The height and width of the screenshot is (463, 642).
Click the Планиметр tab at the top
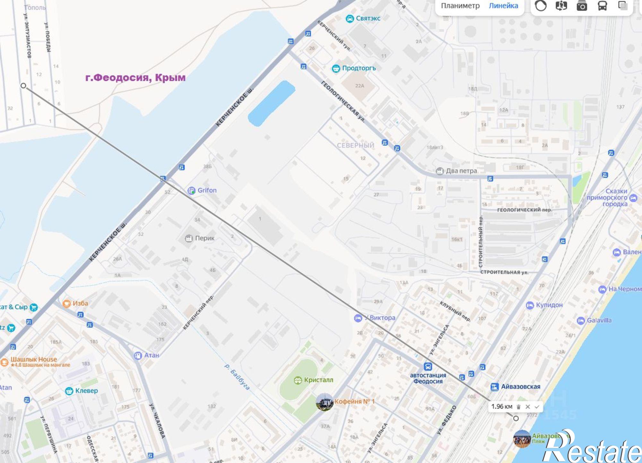460,6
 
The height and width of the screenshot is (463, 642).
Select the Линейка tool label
503,6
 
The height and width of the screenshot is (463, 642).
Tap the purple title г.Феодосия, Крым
135,78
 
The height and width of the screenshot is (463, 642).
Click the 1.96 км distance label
502,407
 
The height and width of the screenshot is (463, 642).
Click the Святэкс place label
368,18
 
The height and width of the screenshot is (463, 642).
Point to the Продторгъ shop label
359,68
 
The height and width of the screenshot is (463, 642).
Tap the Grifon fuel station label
207,190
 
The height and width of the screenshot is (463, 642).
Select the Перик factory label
204,238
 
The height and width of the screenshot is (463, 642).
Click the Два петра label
461,171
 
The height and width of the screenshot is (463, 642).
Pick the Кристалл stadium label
318,380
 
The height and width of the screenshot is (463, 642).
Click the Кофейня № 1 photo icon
325,402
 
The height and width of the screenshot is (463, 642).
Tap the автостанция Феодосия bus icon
428,366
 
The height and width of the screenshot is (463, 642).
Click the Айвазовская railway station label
520,387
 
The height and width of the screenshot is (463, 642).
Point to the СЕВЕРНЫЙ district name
355,146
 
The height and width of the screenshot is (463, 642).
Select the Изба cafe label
80,303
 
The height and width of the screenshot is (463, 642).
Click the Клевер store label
86,391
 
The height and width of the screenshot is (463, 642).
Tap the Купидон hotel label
549,305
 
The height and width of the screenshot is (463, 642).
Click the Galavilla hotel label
599,320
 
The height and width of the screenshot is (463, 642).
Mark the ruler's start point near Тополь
23,86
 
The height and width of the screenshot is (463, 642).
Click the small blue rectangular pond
272,103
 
